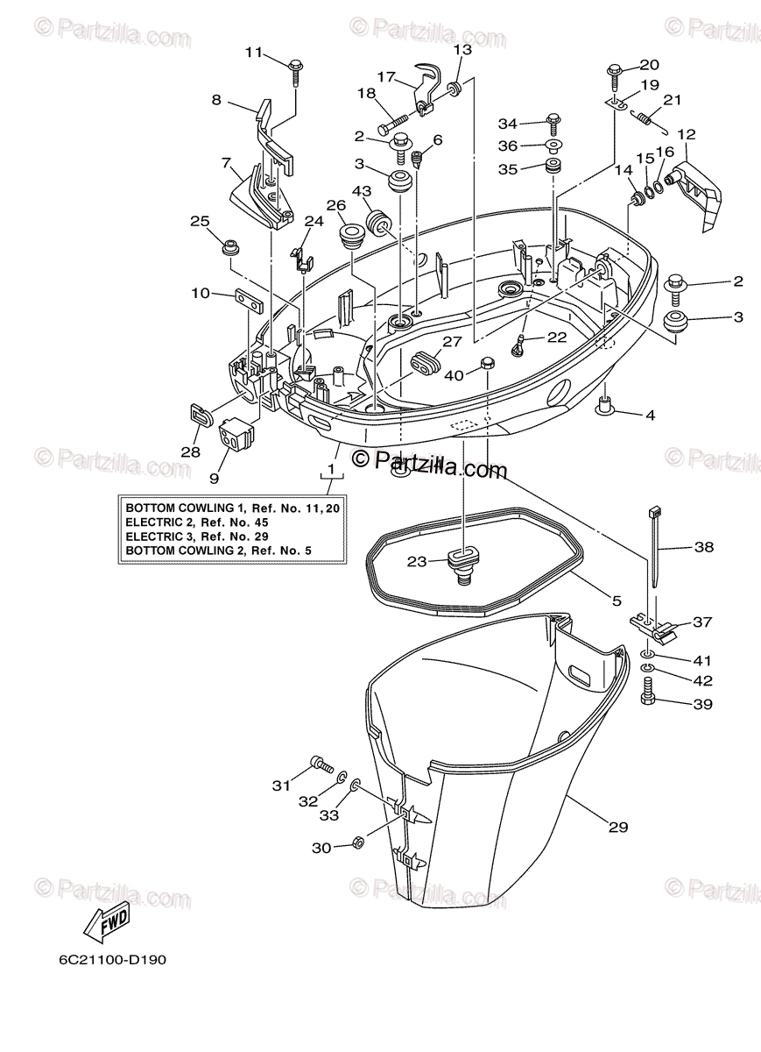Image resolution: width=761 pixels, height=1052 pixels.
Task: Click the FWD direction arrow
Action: [x=106, y=921]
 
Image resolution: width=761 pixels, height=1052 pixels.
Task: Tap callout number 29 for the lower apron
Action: [x=618, y=826]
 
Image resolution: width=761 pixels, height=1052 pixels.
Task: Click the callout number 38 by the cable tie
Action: [x=702, y=547]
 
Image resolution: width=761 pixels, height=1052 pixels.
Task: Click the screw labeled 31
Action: [x=321, y=764]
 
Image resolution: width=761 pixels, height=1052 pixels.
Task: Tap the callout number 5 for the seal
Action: [x=617, y=601]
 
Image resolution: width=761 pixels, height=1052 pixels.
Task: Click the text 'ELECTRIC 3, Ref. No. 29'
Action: [x=198, y=536]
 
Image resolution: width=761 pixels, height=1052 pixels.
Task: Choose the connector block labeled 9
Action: [x=236, y=432]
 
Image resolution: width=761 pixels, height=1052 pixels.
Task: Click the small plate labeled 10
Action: [x=249, y=299]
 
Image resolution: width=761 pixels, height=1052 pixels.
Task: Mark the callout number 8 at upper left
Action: [x=216, y=100]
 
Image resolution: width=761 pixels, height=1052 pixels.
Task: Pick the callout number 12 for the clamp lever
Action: [x=686, y=135]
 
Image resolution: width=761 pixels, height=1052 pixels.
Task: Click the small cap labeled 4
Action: [x=602, y=405]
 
